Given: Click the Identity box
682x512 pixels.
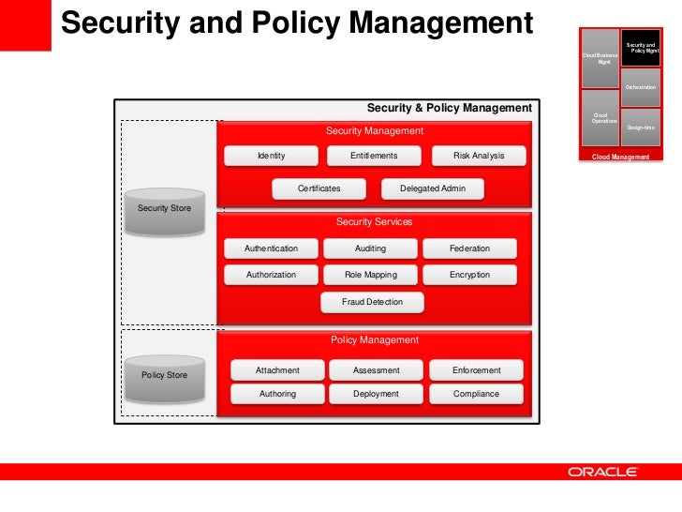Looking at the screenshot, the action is pos(271,156).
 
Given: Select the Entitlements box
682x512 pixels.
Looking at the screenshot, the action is pos(374,156).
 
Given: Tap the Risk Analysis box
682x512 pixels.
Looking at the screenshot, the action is pos(479,156).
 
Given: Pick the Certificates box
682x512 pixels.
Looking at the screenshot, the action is pos(319,188).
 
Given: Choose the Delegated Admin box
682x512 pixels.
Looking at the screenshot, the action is pos(432,188).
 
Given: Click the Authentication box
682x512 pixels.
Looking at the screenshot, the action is pos(271,248).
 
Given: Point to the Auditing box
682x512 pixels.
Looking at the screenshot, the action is pos(370,248).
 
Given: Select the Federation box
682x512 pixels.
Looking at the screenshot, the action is pos(469,248).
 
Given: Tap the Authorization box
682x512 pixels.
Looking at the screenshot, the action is pos(271,275).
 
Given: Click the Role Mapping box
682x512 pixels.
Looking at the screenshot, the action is pos(372,275).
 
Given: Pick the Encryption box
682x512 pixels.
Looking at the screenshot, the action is pos(469,275).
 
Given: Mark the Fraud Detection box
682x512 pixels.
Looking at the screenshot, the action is pos(372,302).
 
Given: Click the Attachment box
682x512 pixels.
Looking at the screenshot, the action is pos(277,370).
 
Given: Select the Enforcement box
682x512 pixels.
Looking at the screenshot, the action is pos(476,370).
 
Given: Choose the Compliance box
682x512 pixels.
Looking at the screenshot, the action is pos(476,394).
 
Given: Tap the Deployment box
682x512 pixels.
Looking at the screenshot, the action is pos(376,394).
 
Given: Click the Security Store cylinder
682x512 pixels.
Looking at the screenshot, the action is pos(164,210).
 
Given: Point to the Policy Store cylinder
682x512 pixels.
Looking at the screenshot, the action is pos(164,377).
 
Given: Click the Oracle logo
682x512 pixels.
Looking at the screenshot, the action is pos(602,472).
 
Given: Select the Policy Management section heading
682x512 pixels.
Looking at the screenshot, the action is pos(375,340).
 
